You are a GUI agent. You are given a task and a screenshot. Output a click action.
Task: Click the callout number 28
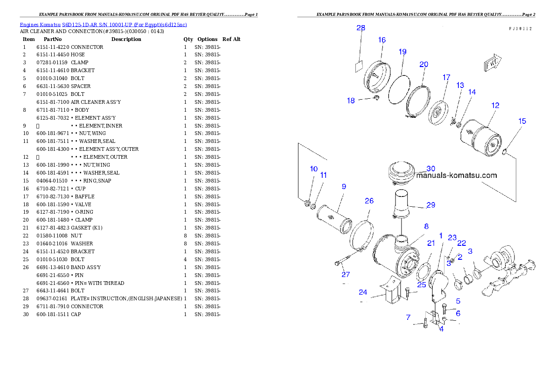(x=361, y=28)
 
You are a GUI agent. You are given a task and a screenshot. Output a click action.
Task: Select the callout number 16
(x=382, y=40)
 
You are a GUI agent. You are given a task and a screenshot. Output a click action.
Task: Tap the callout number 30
(x=431, y=169)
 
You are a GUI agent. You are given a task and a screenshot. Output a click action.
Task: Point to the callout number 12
(x=495, y=106)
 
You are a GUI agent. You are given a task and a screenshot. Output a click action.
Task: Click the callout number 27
(x=346, y=275)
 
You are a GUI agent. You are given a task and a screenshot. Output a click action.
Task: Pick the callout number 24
(x=363, y=292)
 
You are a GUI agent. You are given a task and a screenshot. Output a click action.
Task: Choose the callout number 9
(x=344, y=186)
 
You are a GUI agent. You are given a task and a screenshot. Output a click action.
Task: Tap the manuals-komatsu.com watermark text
(x=456, y=176)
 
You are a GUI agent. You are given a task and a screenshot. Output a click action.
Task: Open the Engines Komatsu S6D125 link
(x=103, y=24)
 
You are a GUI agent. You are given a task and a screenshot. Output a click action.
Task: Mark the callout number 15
(x=522, y=121)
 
